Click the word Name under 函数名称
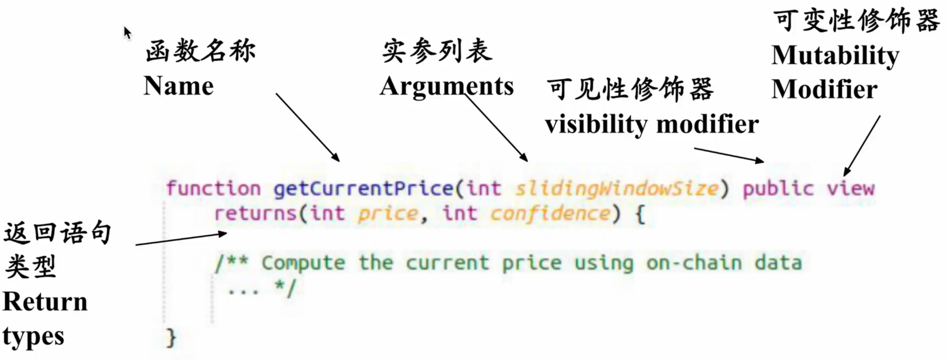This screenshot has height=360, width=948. [x=178, y=86]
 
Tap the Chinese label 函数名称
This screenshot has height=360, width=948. [x=200, y=51]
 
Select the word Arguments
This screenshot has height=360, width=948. [x=447, y=86]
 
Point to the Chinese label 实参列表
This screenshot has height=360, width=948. [x=437, y=51]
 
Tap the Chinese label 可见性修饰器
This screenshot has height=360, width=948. [x=630, y=90]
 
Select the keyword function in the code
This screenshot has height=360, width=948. [x=213, y=188]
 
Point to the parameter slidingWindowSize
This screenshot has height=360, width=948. [x=617, y=188]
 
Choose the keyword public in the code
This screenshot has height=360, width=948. [x=778, y=188]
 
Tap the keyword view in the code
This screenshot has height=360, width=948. [x=851, y=188]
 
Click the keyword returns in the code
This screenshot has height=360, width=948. [x=256, y=213]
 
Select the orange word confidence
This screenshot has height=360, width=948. [x=550, y=213]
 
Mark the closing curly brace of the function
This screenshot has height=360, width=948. [x=171, y=338]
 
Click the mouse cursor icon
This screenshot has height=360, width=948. [x=127, y=33]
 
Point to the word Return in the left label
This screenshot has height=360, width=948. [x=45, y=302]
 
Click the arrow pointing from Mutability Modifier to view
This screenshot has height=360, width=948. [x=862, y=145]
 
